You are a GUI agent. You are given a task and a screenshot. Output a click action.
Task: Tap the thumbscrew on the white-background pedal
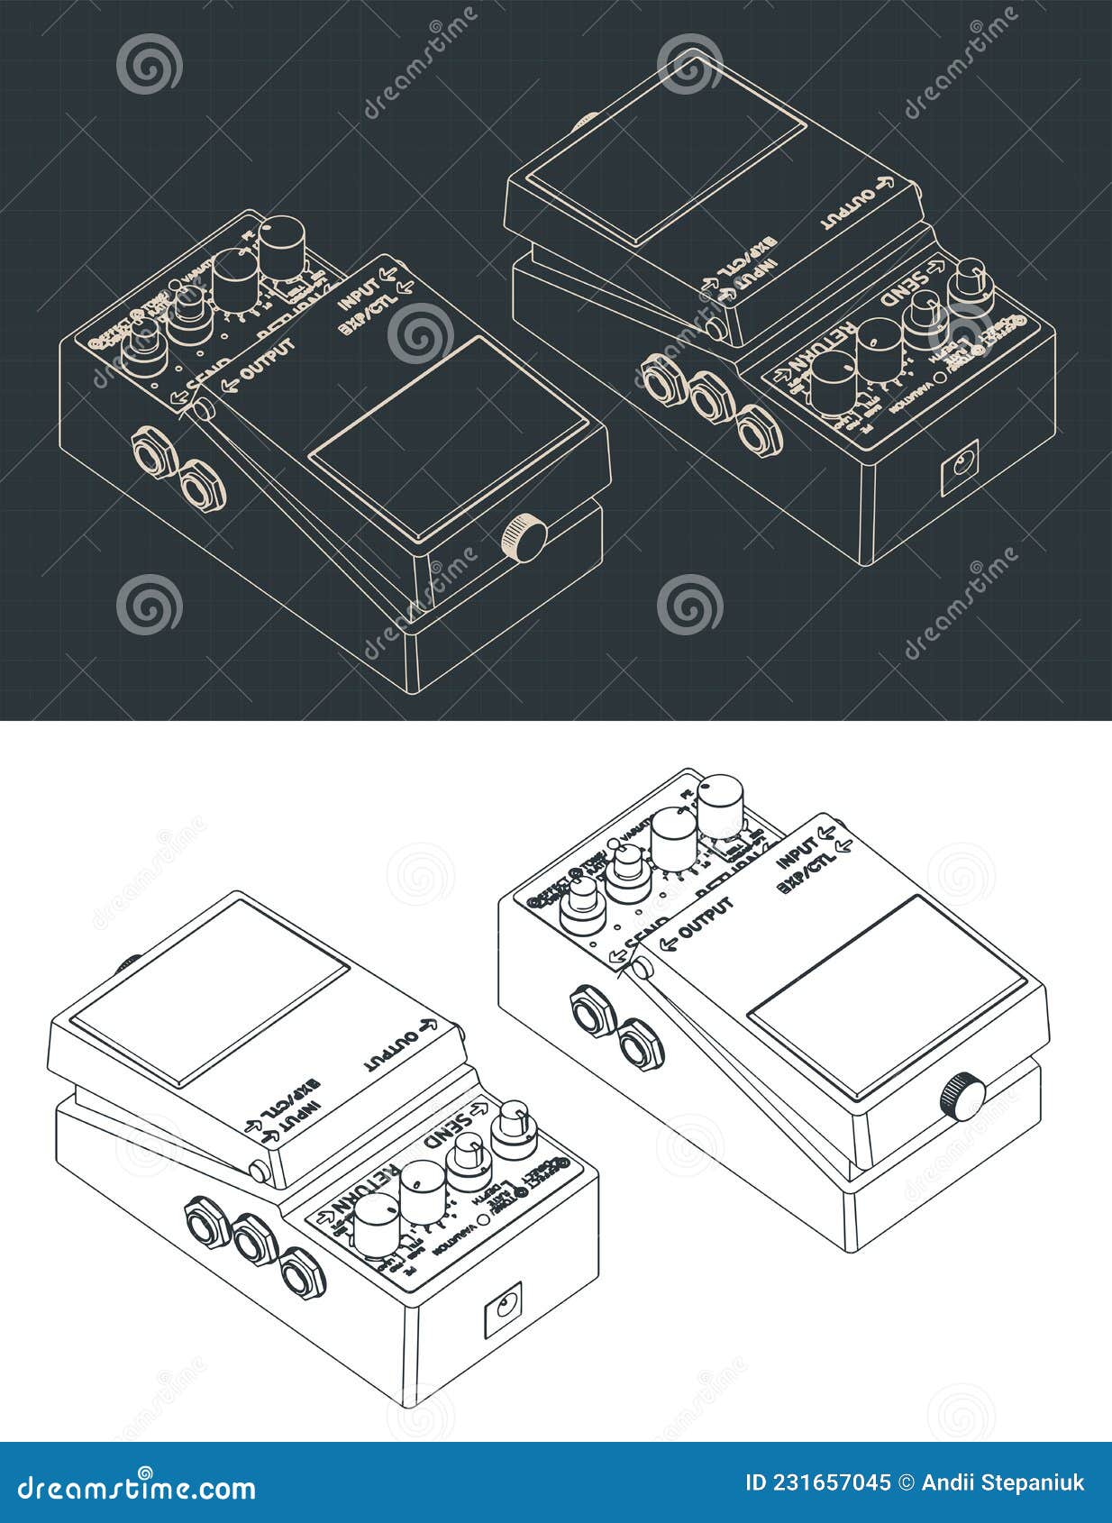(x=962, y=1095)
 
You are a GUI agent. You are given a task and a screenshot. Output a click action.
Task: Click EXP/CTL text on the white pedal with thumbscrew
(x=807, y=874)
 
